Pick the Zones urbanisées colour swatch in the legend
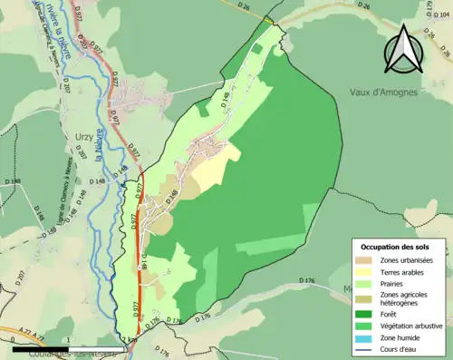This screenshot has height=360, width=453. pyautogui.click(x=362, y=261)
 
